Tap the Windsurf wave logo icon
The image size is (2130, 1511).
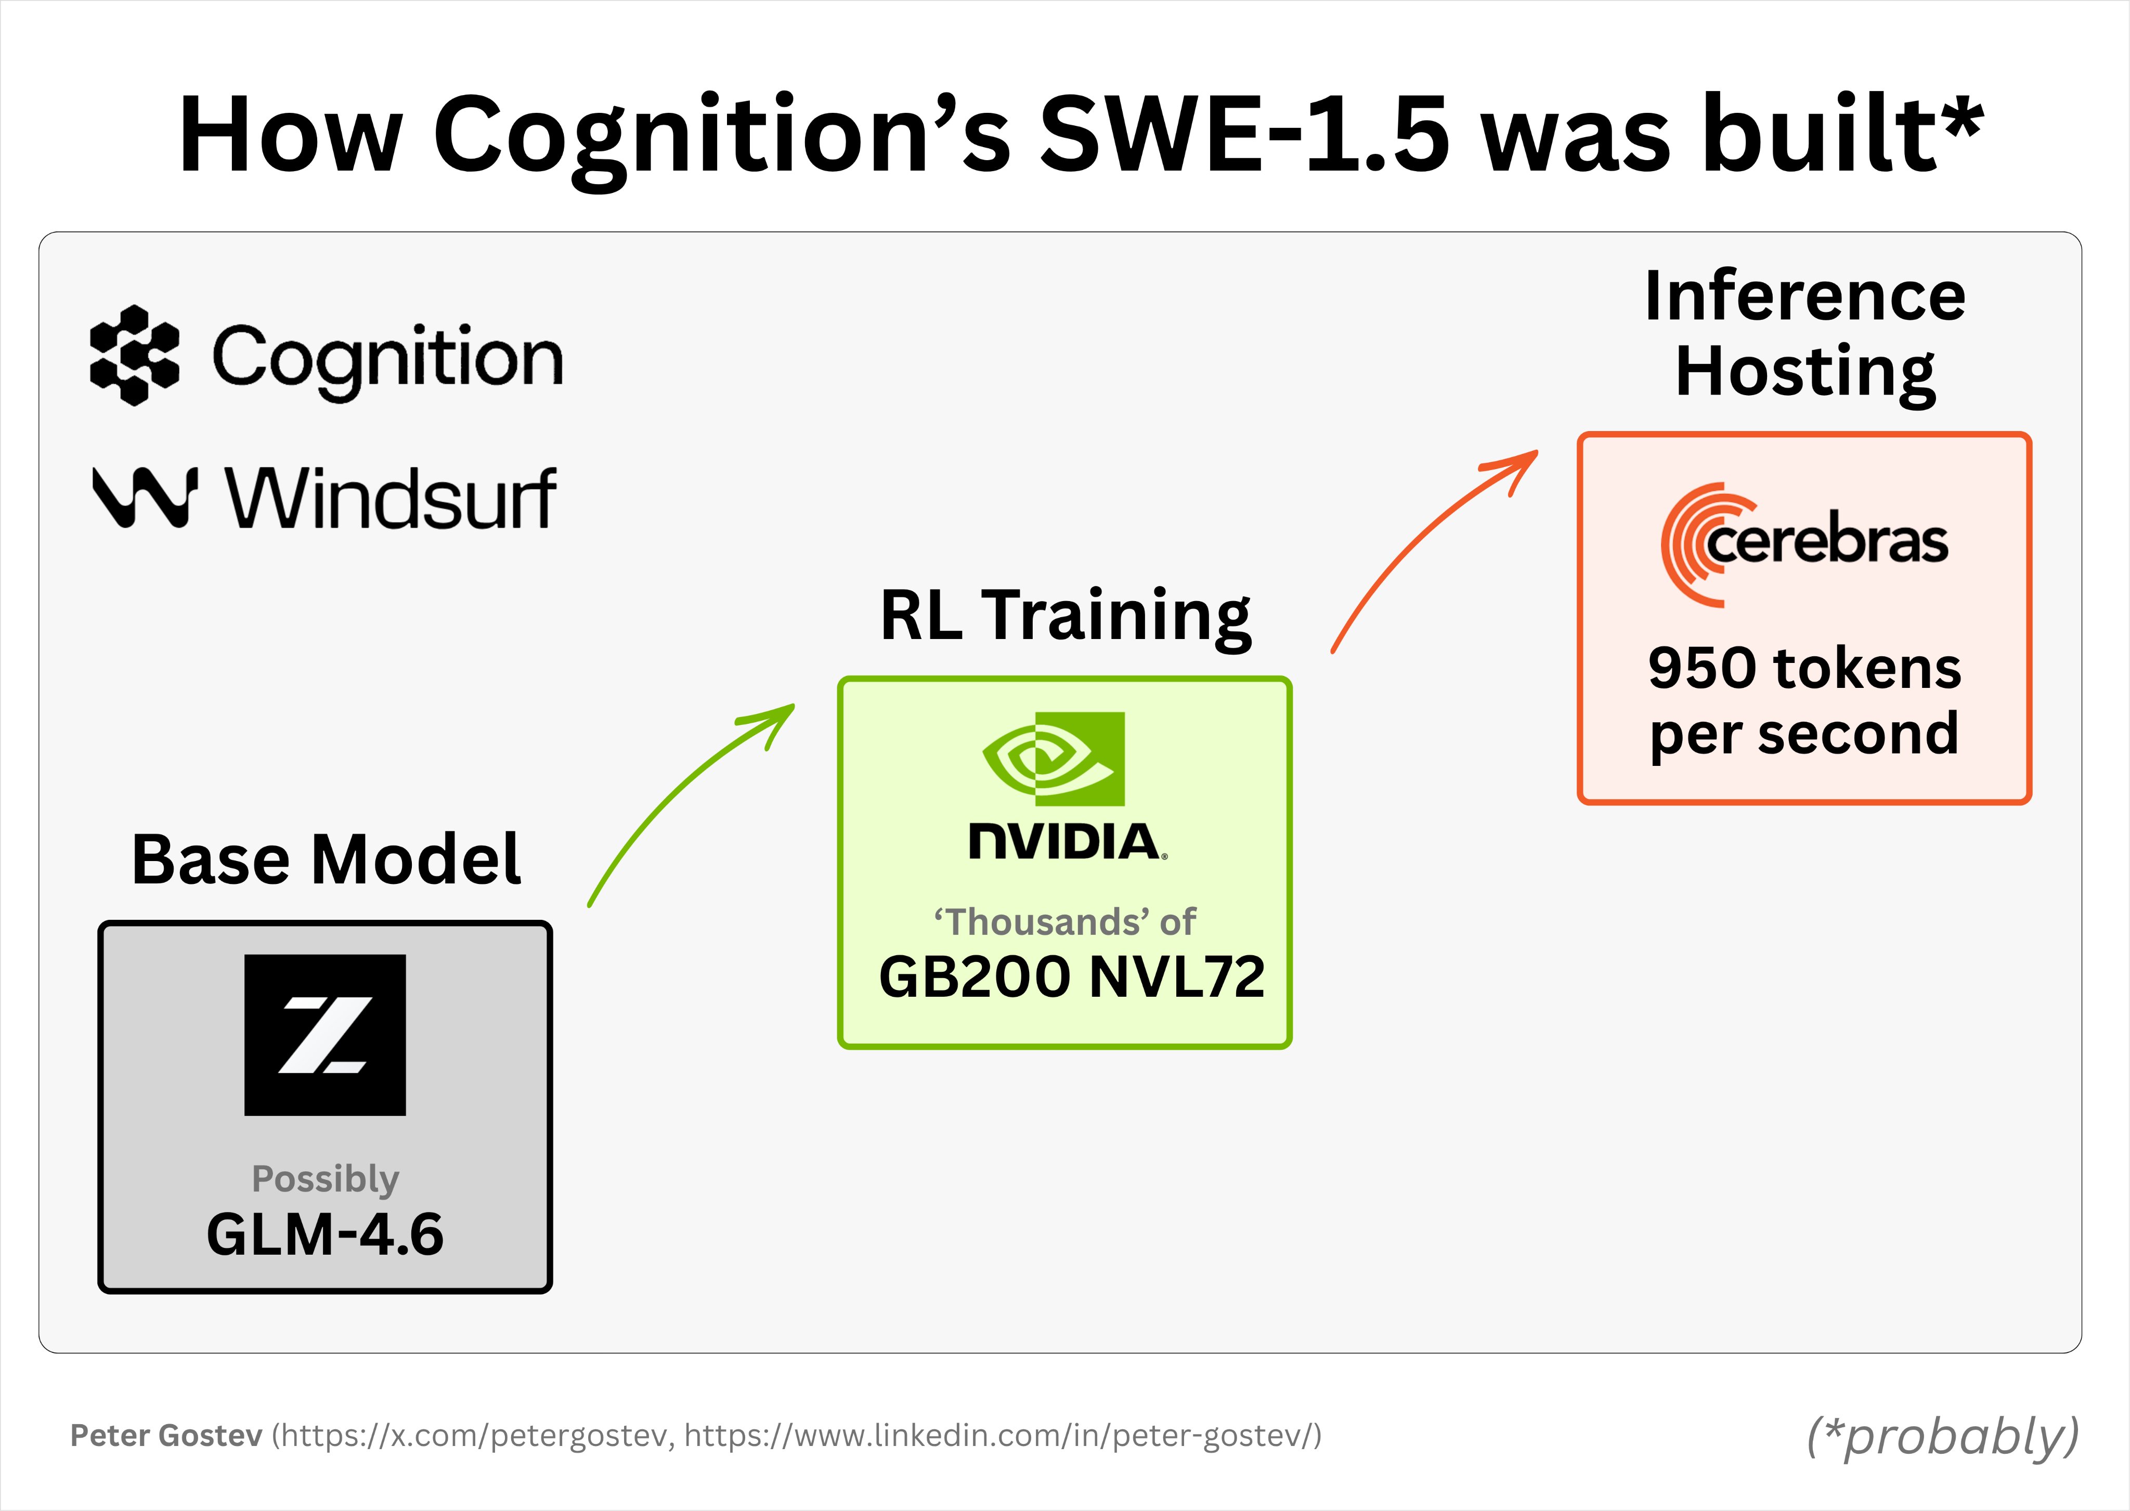pos(144,497)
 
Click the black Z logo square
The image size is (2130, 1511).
pos(325,1035)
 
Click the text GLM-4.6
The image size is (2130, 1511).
pos(325,1235)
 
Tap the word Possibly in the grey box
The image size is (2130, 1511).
pos(325,1179)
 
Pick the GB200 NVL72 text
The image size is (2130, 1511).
pos(1071,977)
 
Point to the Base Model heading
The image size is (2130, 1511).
pos(326,859)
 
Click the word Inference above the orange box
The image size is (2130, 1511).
pos(1804,296)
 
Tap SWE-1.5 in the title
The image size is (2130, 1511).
pos(1242,135)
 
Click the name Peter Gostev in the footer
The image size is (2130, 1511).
pos(166,1436)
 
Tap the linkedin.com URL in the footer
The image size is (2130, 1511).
pos(1001,1436)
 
